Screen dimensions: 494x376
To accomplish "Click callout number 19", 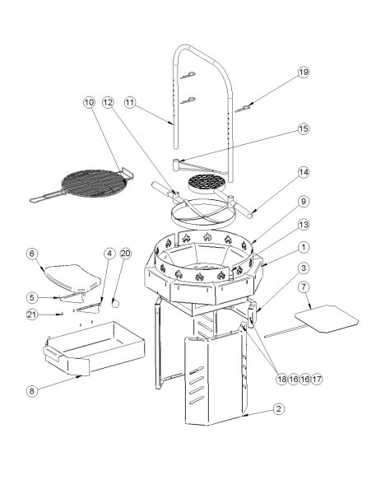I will point(303,72).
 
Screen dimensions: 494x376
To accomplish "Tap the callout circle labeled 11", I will point(130,103).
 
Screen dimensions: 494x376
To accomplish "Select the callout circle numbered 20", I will point(125,253).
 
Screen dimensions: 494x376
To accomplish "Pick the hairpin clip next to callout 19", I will point(246,109).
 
